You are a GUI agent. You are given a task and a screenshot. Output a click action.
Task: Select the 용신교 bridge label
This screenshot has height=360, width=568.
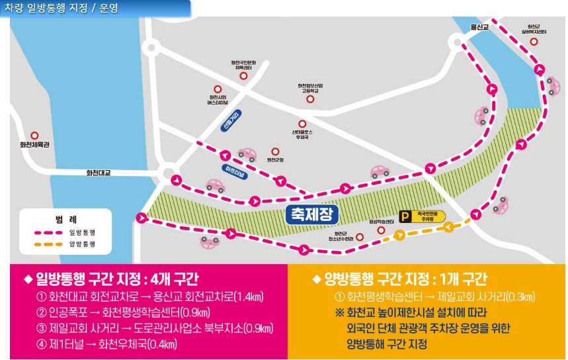coord(479,27)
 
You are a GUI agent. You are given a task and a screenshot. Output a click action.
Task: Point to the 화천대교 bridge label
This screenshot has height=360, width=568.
coord(99,173)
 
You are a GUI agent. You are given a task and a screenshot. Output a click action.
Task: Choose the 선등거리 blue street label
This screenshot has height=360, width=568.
coord(231,119)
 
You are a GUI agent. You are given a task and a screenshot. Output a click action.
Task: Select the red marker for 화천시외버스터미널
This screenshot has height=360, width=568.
coord(218,89)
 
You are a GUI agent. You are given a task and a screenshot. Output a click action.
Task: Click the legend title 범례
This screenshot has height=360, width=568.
coord(65,218)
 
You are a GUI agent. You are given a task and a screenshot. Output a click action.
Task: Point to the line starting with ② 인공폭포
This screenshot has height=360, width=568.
coord(127,312)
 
